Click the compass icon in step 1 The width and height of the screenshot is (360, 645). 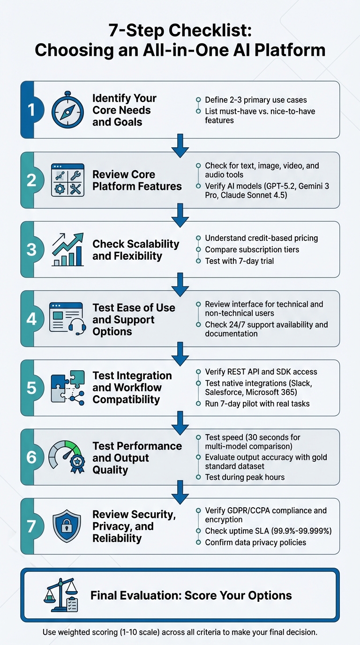[x=67, y=111]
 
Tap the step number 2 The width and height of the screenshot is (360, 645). [x=31, y=180]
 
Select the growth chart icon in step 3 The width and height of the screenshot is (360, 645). [x=67, y=249]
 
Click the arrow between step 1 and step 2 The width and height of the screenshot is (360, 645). [x=180, y=145]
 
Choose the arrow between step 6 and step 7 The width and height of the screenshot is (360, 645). [x=180, y=491]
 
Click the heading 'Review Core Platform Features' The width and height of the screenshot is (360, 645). [x=137, y=180]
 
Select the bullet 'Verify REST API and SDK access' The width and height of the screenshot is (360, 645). [x=261, y=372]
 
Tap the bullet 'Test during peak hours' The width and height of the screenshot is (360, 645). [x=244, y=477]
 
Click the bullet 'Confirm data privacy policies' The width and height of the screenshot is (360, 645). [x=255, y=542]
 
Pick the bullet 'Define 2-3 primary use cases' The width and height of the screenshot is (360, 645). [x=256, y=100]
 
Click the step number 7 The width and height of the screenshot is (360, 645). [x=31, y=526]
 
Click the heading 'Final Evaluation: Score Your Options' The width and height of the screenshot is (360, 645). [x=191, y=595]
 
